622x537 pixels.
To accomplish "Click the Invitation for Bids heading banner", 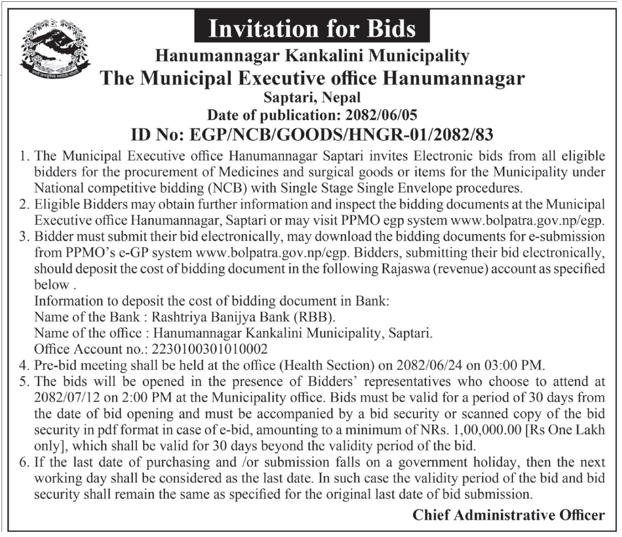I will click(312, 28).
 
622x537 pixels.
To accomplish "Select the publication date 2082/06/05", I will click(381, 115).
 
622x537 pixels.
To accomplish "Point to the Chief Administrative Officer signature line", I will click(508, 515).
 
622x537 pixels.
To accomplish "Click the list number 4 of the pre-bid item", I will click(25, 365).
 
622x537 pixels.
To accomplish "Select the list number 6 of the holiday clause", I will click(25, 462).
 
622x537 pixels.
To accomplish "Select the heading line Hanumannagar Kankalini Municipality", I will click(312, 56).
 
